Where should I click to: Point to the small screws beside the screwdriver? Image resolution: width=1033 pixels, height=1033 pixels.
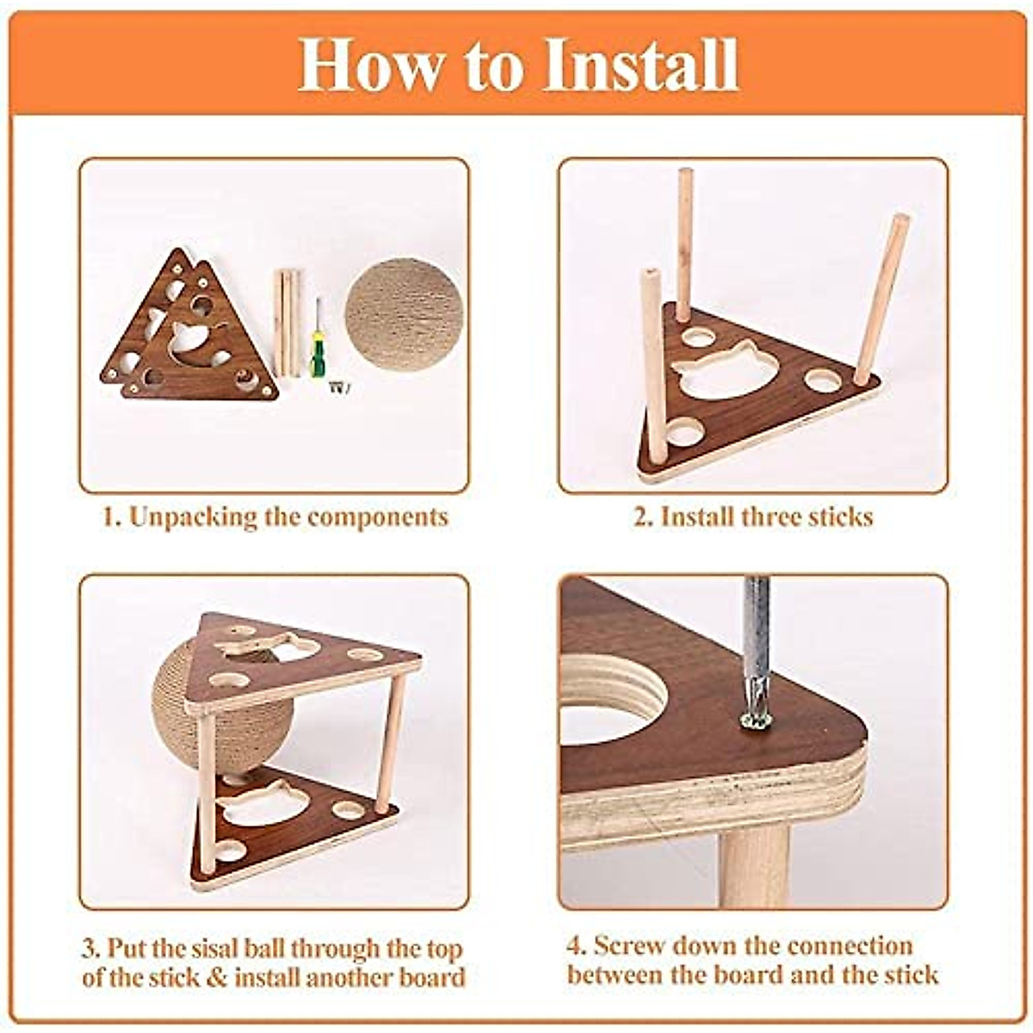(337, 387)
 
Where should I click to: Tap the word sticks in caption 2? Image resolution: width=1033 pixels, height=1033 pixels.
(841, 517)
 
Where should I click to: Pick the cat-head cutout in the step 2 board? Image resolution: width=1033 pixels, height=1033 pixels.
(726, 370)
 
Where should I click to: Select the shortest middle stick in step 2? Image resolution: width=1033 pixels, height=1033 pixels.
(684, 245)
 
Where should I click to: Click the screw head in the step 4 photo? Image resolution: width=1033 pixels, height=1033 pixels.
(756, 719)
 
